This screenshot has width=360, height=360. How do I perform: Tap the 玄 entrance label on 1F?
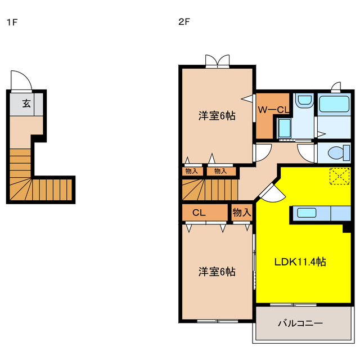(26, 103)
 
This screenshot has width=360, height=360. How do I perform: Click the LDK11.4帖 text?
(301, 262)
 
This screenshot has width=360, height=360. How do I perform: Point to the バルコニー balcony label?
(300, 323)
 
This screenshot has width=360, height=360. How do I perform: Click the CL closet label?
(199, 213)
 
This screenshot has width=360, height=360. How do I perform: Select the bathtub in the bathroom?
(335, 104)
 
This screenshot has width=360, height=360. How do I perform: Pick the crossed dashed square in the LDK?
(339, 176)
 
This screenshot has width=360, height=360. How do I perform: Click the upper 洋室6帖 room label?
(217, 116)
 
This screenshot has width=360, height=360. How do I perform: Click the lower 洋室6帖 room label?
(217, 272)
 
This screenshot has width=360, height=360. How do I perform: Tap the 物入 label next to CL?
(241, 213)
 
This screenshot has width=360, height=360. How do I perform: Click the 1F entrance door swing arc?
(20, 80)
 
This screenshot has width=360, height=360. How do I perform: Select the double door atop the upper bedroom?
(217, 61)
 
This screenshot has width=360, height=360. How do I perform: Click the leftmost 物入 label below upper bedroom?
(191, 171)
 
